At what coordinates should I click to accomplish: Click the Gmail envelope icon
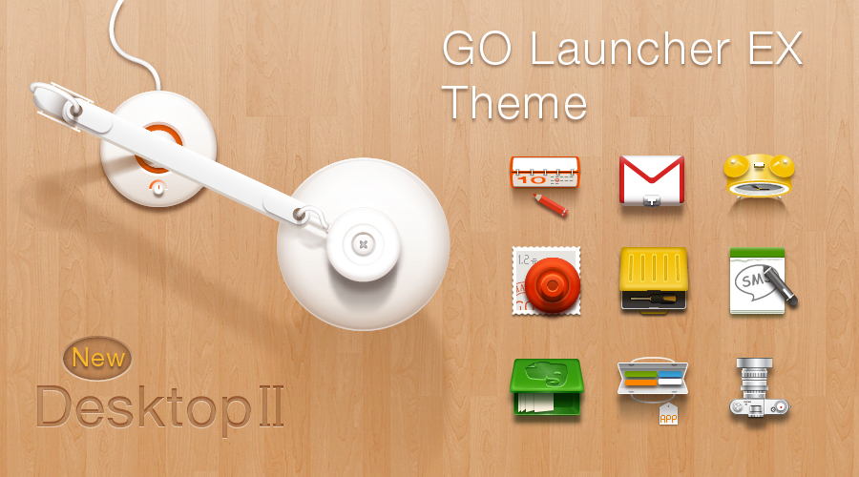(651, 180)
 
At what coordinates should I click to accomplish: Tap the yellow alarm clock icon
(759, 176)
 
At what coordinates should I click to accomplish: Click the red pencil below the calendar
(550, 204)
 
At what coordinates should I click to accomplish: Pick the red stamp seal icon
(546, 280)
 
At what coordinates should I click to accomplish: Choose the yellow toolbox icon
(653, 280)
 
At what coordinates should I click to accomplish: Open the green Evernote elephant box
(546, 387)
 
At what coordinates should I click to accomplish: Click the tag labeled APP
(668, 415)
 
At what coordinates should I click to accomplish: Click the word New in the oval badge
(98, 358)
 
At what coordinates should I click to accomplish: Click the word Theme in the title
(513, 102)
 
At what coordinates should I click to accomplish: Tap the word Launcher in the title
(630, 49)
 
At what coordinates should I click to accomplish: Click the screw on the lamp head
(363, 244)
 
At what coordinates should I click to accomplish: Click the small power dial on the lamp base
(157, 187)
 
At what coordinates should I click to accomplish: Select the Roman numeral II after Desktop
(271, 405)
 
